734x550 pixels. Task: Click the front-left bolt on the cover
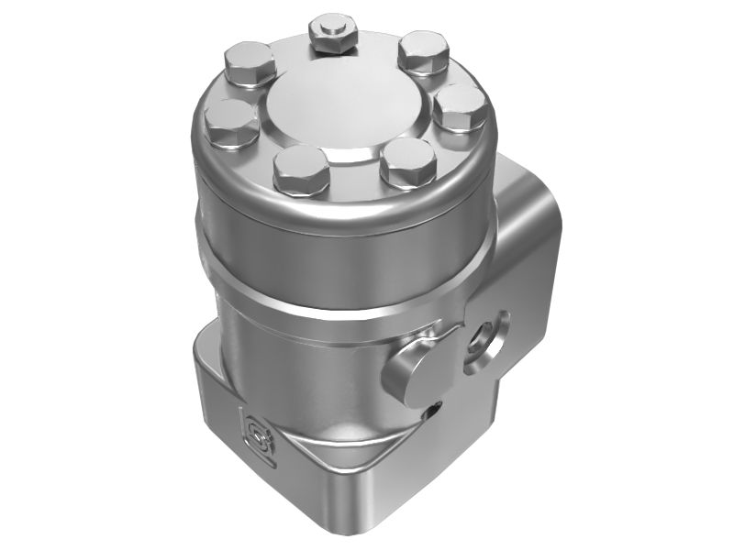pos(301,170)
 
